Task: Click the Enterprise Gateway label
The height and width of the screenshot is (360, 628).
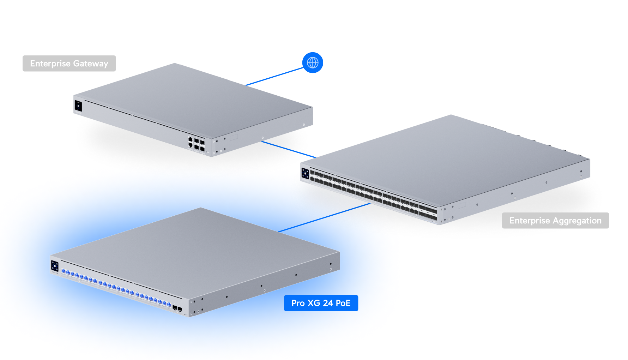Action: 69,64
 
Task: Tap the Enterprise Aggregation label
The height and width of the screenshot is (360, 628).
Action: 555,221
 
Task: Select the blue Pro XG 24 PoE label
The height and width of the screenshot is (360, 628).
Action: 321,303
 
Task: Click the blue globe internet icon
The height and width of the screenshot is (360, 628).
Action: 313,63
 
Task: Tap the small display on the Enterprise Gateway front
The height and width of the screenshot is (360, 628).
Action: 78,106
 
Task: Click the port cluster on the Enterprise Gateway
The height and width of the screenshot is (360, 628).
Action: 196,144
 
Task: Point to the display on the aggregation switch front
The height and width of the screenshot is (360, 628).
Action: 305,174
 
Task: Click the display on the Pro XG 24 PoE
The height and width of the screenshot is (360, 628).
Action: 55,266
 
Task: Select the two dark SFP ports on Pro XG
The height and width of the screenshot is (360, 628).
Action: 177,309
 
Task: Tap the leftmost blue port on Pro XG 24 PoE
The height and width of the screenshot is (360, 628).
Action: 64,271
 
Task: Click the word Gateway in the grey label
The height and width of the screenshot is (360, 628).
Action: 91,64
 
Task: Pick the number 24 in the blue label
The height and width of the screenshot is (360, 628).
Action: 328,303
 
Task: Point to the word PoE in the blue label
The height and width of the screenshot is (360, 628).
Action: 343,303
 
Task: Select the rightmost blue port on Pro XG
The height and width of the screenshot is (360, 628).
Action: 169,304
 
